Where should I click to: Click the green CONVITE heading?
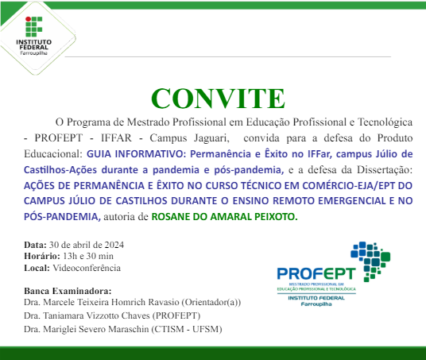click(x=217, y=98)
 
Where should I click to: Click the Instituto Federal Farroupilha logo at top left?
click(x=33, y=34)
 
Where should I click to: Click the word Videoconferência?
click(x=83, y=268)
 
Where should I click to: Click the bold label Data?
click(x=35, y=244)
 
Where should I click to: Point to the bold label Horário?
click(x=41, y=256)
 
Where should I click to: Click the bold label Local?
click(x=37, y=268)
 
